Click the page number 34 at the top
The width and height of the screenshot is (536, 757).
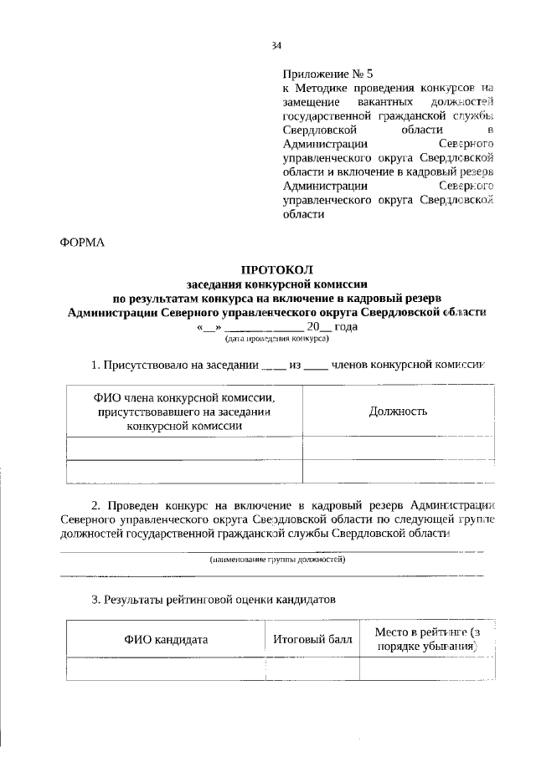tap(276, 46)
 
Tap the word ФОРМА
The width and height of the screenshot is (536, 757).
tap(83, 243)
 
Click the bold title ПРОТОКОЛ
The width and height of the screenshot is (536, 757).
tap(276, 270)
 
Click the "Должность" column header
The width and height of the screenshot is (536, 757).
tap(398, 411)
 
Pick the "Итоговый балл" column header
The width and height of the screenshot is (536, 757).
tap(312, 640)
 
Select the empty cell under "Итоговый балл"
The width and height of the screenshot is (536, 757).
tap(312, 669)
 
